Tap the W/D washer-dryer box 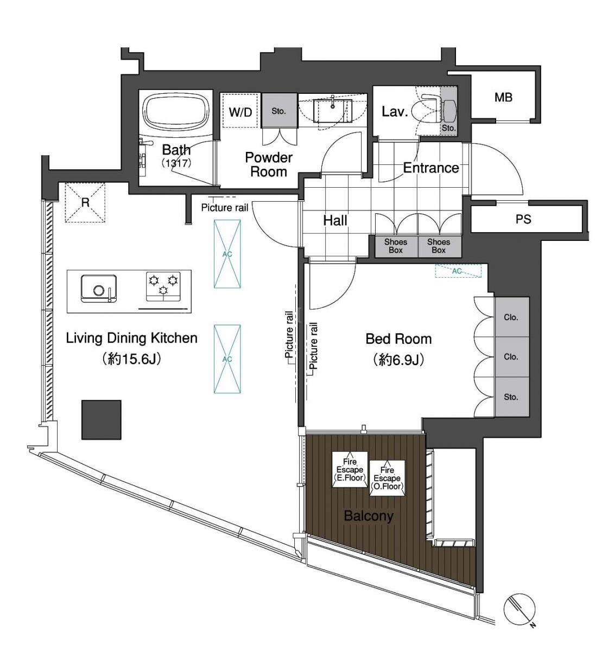(240, 111)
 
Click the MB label (503, 97)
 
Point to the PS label (523, 219)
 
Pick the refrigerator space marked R (85, 202)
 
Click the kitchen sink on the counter (98, 289)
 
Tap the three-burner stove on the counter (163, 286)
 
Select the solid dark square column (102, 419)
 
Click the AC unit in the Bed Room (458, 271)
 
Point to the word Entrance (431, 168)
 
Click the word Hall (335, 220)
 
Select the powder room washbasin (332, 111)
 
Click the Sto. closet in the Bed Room (511, 397)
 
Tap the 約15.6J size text (131, 359)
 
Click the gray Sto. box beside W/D (279, 111)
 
